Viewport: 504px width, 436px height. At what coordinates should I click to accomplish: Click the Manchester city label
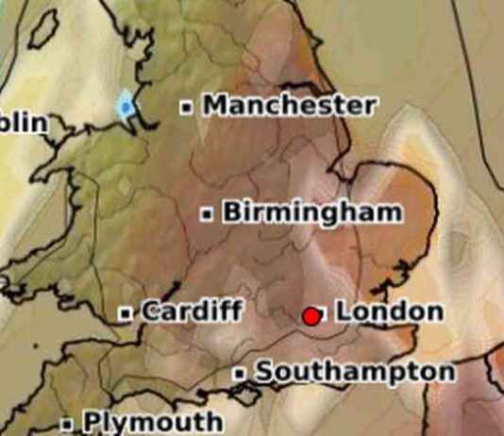(x=290, y=105)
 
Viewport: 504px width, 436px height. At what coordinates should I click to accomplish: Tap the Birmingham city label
(x=311, y=212)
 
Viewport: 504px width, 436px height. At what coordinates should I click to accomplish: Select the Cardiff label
(x=192, y=310)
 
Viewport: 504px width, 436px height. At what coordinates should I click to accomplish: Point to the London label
(x=389, y=310)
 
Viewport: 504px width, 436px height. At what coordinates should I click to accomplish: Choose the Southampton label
(x=355, y=372)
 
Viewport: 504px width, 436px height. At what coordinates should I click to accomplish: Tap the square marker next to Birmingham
(x=207, y=214)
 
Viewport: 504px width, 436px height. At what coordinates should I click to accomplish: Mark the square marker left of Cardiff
(x=126, y=312)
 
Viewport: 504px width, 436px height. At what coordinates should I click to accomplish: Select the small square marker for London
(x=322, y=312)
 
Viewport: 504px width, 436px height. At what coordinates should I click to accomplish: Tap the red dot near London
(x=310, y=316)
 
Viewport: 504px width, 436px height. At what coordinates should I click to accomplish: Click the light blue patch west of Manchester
(x=126, y=105)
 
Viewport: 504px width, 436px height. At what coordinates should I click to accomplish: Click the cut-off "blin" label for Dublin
(x=23, y=123)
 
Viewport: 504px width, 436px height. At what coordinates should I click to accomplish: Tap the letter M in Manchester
(x=216, y=105)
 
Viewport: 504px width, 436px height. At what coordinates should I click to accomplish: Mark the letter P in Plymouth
(x=92, y=421)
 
